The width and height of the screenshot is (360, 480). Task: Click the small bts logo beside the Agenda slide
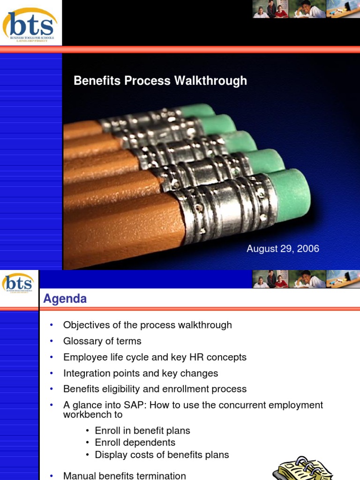(19, 283)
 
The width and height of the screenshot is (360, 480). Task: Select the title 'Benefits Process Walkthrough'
(160, 81)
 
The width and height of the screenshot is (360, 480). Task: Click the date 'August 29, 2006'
(283, 249)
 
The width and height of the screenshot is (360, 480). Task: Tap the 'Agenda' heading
(65, 299)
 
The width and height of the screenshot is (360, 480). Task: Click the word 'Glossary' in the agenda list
(81, 341)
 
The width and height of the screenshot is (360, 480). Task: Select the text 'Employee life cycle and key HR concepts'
(155, 357)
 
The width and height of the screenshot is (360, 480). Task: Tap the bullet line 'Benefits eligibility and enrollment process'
(155, 389)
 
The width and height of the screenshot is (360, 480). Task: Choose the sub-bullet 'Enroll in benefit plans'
(142, 431)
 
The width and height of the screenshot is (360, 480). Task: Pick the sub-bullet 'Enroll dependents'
(135, 442)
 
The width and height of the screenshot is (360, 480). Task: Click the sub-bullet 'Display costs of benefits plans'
(162, 454)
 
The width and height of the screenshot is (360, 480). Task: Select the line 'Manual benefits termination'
(125, 476)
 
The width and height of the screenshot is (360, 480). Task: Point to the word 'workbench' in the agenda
(86, 415)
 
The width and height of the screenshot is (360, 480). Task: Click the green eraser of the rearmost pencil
(197, 110)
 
